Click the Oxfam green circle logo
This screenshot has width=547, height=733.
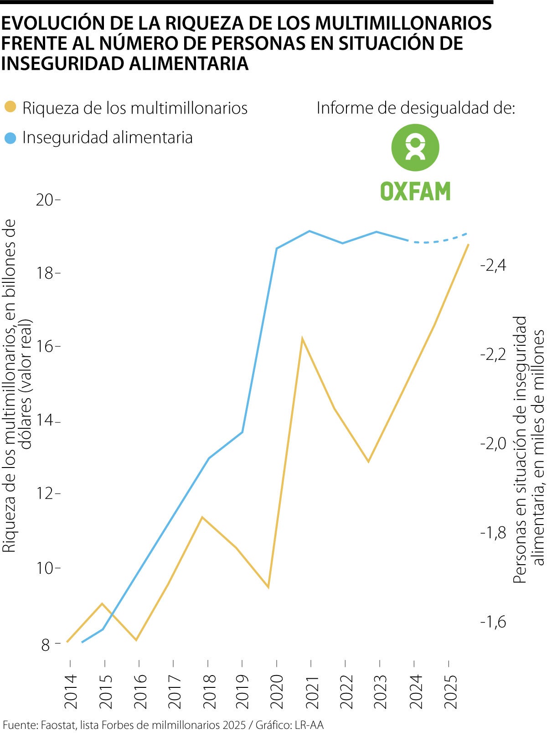pos(415,148)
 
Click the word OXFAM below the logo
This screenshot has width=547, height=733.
pos(415,191)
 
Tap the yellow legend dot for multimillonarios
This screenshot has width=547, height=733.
pos(10,107)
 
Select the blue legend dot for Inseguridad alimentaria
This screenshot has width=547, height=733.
pos(10,137)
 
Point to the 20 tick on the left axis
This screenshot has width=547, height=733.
pos(46,200)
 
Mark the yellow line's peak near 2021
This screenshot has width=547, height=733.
pos(302,339)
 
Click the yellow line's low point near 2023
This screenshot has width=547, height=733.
pos(368,462)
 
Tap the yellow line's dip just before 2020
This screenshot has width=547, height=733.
pos(268,587)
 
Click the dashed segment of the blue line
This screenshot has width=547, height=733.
pos(438,240)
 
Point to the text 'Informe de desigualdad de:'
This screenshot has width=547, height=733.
pos(415,108)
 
